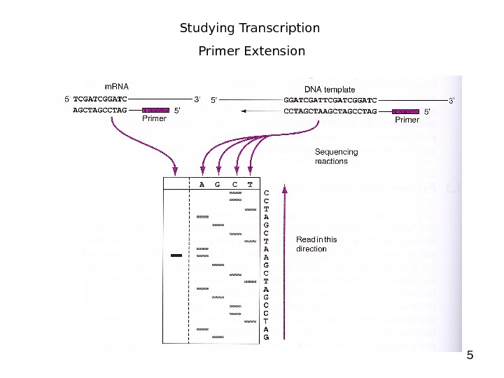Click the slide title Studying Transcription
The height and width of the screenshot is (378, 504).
click(x=250, y=29)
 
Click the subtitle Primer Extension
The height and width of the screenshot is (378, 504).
click(x=252, y=51)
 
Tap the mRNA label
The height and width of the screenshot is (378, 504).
click(x=117, y=87)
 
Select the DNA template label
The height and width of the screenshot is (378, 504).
click(x=330, y=90)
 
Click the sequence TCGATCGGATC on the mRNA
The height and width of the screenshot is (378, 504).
click(x=100, y=99)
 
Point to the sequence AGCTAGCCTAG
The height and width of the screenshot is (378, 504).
click(x=100, y=111)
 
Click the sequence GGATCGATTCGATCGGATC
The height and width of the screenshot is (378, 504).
click(x=330, y=100)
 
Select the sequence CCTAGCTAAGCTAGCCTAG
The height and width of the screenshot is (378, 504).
click(x=330, y=111)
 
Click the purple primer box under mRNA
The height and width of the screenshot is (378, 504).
click(x=156, y=111)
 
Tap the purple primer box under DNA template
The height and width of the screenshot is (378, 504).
click(x=406, y=111)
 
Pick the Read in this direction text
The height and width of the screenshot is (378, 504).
click(x=316, y=244)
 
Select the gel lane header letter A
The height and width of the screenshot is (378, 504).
click(x=202, y=185)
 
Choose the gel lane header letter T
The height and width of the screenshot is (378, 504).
click(x=250, y=185)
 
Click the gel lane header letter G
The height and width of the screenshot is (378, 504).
click(x=217, y=185)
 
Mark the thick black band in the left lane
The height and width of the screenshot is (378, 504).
click(x=176, y=255)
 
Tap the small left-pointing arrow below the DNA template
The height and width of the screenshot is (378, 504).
click(x=244, y=111)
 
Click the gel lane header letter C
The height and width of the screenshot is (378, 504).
click(x=234, y=185)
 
